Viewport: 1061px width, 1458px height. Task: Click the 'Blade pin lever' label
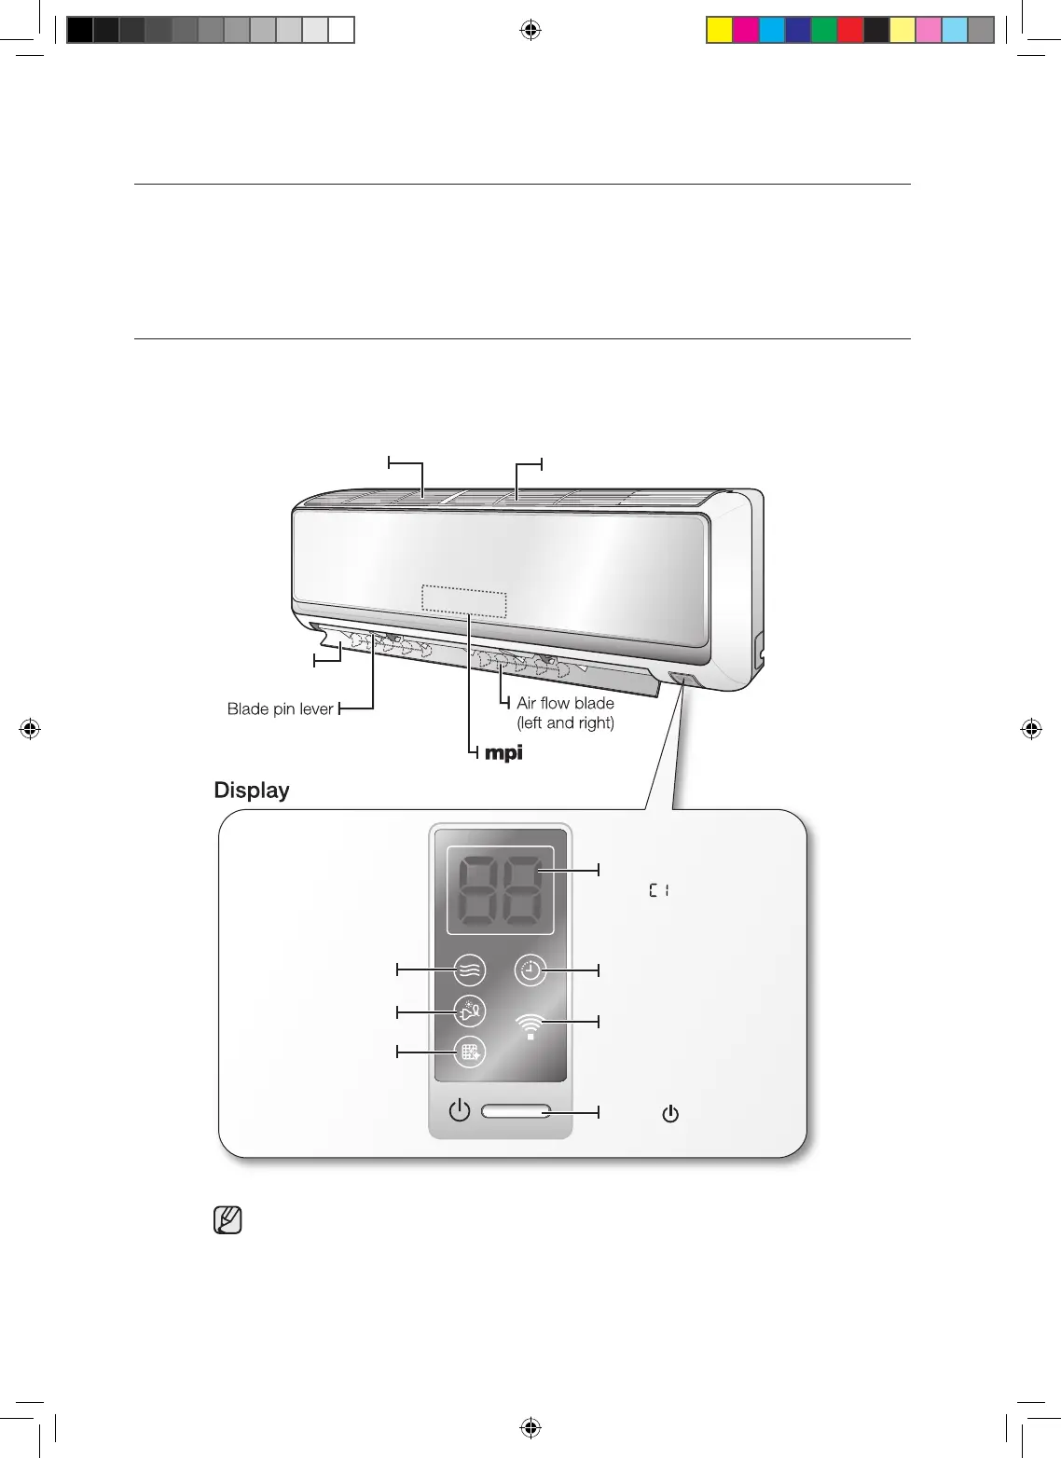pyautogui.click(x=280, y=708)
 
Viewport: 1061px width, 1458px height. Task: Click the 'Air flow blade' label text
pyautogui.click(x=565, y=703)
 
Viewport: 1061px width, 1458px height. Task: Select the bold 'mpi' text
pyautogui.click(x=503, y=754)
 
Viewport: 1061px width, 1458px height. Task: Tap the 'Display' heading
pyautogui.click(x=252, y=791)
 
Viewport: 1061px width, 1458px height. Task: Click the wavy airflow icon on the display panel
pyautogui.click(x=469, y=970)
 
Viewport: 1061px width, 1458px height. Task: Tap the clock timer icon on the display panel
pyautogui.click(x=530, y=970)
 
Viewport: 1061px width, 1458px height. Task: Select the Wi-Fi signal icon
pyautogui.click(x=530, y=1025)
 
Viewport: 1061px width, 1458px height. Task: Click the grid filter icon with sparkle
pyautogui.click(x=469, y=1052)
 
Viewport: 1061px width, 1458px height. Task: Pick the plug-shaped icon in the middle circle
pyautogui.click(x=469, y=1011)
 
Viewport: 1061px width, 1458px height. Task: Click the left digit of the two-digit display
pyautogui.click(x=479, y=889)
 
